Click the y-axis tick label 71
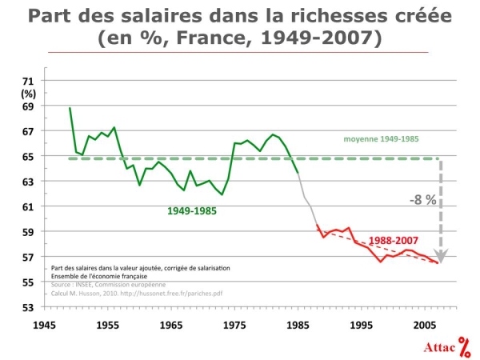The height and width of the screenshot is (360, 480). click(x=28, y=81)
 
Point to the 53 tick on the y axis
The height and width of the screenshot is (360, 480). click(x=28, y=307)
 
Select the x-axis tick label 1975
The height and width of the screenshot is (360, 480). click(x=234, y=326)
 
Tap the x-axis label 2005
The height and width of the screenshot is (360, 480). click(x=425, y=326)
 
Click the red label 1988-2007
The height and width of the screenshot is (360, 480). click(x=394, y=239)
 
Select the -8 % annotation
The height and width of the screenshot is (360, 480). click(x=423, y=200)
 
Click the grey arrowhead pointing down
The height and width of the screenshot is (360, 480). click(x=443, y=257)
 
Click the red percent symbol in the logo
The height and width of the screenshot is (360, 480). click(x=464, y=346)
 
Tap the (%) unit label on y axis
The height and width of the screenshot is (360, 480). click(x=28, y=93)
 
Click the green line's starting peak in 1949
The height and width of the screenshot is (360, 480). click(x=70, y=108)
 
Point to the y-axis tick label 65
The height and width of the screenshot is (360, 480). click(x=28, y=156)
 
